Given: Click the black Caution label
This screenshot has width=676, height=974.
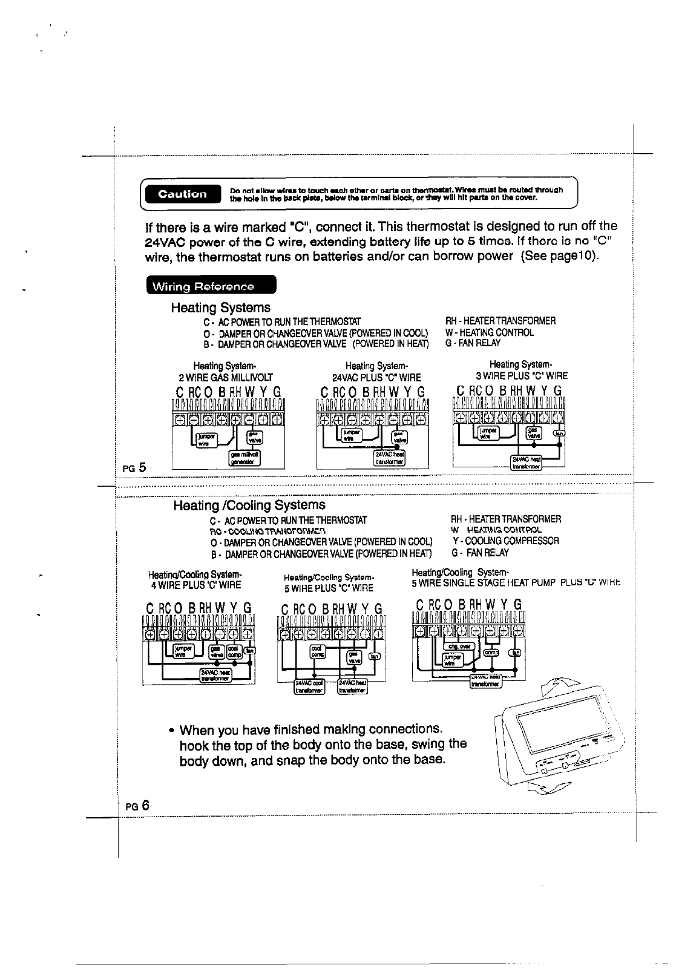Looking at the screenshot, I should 183,194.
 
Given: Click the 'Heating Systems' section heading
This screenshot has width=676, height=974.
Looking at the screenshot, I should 220,308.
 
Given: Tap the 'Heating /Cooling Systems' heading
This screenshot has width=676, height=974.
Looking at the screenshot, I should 249,505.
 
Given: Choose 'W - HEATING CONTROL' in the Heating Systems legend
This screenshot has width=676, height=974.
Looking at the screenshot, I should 490,332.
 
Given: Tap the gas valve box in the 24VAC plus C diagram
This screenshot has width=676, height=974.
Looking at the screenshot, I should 399,437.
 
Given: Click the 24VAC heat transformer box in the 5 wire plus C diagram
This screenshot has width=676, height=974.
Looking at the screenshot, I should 353,688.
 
